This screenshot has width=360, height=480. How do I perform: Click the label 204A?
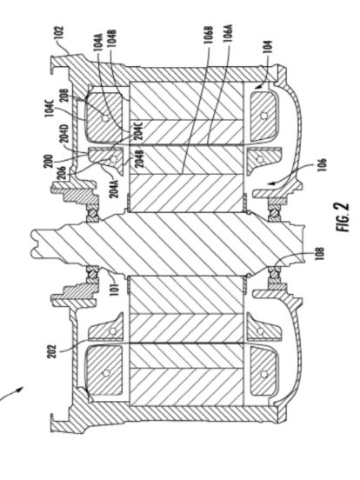(x=115, y=188)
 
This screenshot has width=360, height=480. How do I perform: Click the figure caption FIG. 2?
(x=343, y=217)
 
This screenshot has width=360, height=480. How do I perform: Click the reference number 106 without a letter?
(x=323, y=166)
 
